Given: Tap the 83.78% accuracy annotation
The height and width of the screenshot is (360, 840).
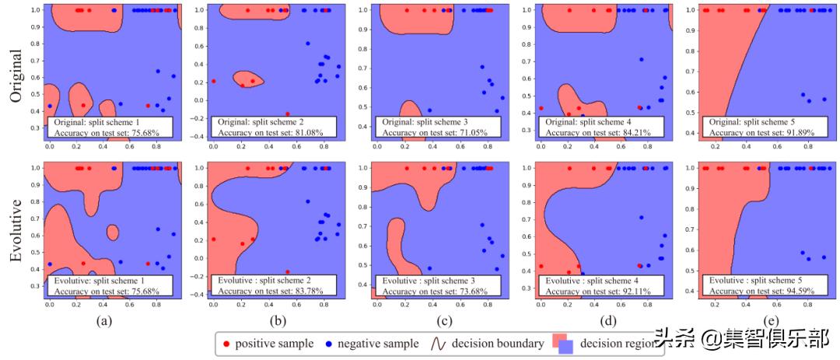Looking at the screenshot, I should (x=317, y=292).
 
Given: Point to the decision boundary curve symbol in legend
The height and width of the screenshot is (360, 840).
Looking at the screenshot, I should (x=437, y=343).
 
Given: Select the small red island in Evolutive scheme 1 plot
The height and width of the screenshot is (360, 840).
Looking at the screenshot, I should (x=113, y=231).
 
